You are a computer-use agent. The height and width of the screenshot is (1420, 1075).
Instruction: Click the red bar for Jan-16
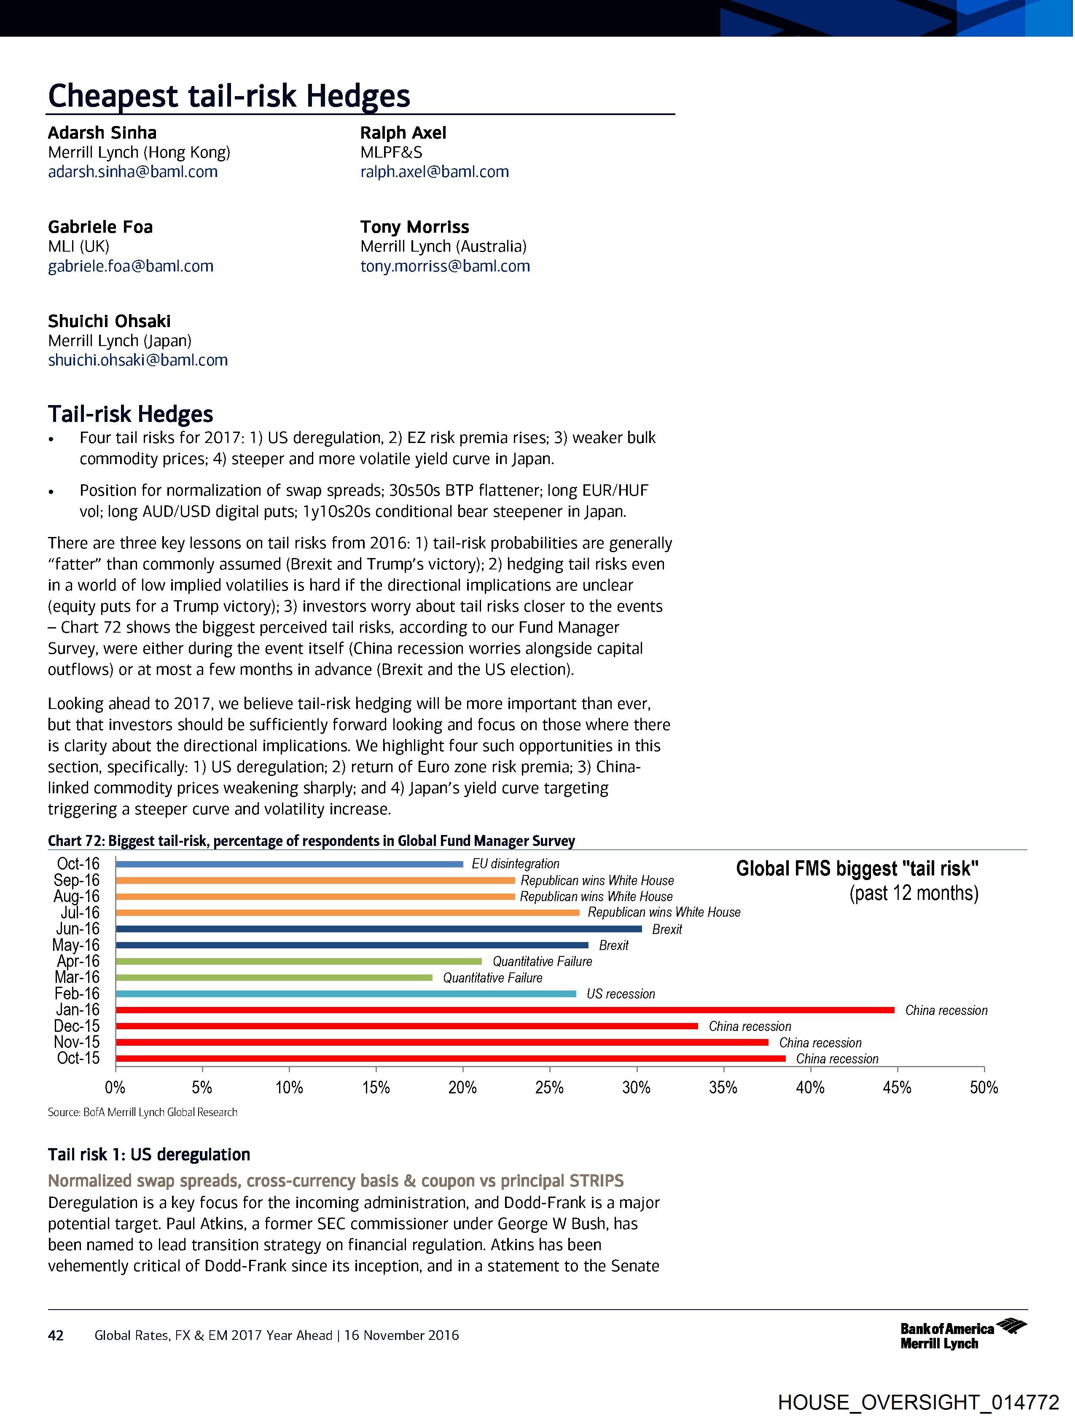pos(505,1010)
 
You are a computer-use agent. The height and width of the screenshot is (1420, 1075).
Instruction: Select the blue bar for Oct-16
pos(289,864)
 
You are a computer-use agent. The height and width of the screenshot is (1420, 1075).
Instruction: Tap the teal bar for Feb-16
pos(346,994)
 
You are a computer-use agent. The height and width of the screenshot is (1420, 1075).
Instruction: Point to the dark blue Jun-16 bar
pos(379,929)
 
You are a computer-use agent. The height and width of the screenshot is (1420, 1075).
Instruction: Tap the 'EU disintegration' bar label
pos(516,864)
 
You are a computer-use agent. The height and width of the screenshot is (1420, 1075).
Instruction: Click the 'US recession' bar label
pos(621,994)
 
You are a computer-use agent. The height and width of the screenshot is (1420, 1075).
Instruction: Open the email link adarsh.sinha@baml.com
pos(133,172)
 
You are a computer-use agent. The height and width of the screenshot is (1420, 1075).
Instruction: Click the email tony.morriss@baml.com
pos(445,266)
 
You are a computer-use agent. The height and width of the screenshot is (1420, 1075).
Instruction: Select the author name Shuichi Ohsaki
pos(109,321)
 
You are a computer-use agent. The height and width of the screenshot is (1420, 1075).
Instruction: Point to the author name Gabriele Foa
pos(100,227)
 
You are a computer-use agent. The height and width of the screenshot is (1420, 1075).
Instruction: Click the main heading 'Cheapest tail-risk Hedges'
pos(228,96)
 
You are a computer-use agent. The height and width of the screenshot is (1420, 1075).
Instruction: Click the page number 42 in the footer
pos(56,1336)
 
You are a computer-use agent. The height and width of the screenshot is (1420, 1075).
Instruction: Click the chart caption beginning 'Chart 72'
pos(312,841)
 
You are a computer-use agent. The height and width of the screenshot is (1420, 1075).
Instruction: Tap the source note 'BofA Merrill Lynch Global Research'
pos(142,1112)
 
